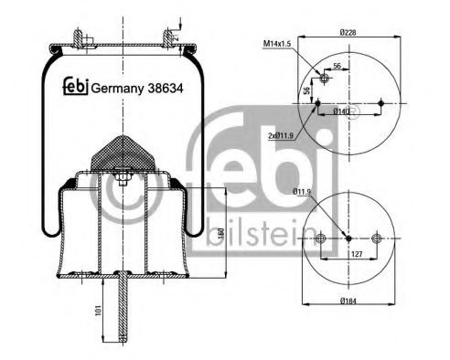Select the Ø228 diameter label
(x=348, y=34)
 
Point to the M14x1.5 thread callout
(x=278, y=43)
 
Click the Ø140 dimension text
(x=343, y=111)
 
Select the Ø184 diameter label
(x=348, y=302)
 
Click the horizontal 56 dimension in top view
(x=337, y=68)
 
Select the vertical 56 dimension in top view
(x=306, y=91)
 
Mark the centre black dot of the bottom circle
(x=348, y=240)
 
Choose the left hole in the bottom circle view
(x=319, y=240)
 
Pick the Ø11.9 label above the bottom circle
(x=303, y=191)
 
